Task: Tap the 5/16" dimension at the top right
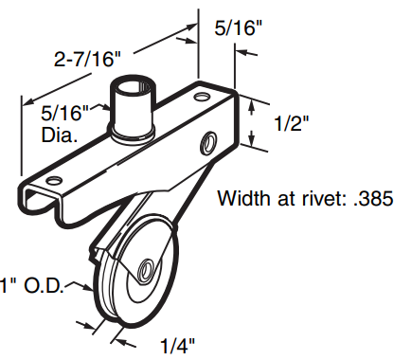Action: click(x=242, y=27)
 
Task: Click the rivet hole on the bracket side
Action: click(x=206, y=143)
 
